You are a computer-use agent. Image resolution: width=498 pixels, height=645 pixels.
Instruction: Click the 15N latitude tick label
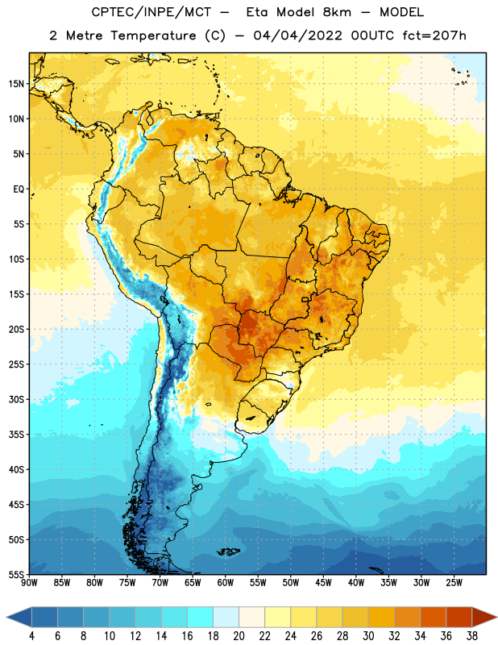[x=16, y=84]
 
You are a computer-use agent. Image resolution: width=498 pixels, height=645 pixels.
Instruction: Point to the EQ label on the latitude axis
[x=19, y=189]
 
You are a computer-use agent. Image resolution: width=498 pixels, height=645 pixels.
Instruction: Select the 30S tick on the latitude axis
[x=16, y=399]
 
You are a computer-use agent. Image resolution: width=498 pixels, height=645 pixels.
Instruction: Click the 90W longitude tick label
[x=29, y=582]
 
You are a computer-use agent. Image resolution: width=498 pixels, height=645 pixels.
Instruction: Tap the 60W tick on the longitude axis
[x=226, y=582]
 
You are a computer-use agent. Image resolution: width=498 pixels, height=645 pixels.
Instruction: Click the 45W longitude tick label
[x=323, y=582]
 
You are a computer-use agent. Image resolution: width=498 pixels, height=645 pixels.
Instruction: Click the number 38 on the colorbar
[x=471, y=636]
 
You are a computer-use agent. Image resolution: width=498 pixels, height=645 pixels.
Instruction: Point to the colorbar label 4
[x=31, y=636]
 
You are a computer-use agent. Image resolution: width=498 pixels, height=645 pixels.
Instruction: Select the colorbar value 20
[x=239, y=636]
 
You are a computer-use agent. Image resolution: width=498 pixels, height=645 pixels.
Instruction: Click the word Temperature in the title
[x=153, y=35]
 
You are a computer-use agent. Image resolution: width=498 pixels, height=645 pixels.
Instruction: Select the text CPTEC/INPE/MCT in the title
[x=151, y=12]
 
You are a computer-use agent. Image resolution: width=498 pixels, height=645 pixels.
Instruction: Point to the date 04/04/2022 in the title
[x=297, y=35]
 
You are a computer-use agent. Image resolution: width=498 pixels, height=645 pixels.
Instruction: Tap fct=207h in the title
[x=434, y=35]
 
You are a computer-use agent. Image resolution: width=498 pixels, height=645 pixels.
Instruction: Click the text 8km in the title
[x=337, y=12]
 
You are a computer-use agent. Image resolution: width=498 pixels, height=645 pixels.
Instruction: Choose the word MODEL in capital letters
[x=401, y=12]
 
